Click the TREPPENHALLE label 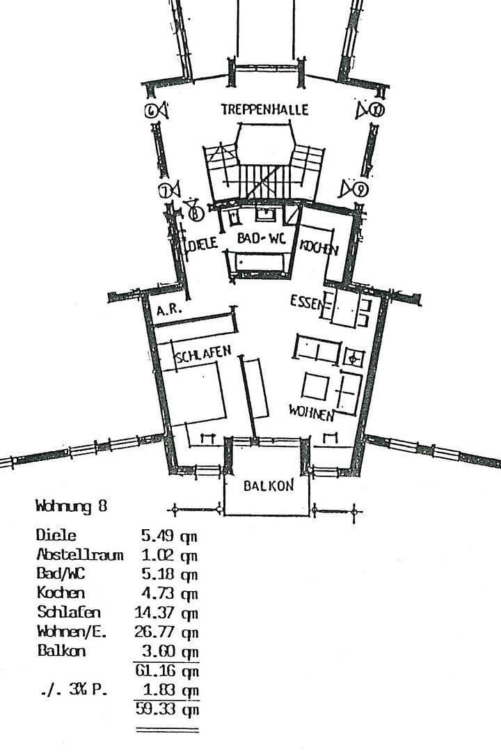click(x=264, y=110)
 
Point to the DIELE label click(x=205, y=244)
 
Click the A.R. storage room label click(x=169, y=311)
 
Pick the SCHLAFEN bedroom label click(x=203, y=355)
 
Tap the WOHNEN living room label click(x=311, y=413)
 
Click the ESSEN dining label click(x=307, y=302)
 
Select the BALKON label click(x=268, y=486)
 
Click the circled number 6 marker click(x=152, y=111)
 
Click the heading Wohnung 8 click(x=72, y=507)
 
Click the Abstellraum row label click(x=79, y=555)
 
